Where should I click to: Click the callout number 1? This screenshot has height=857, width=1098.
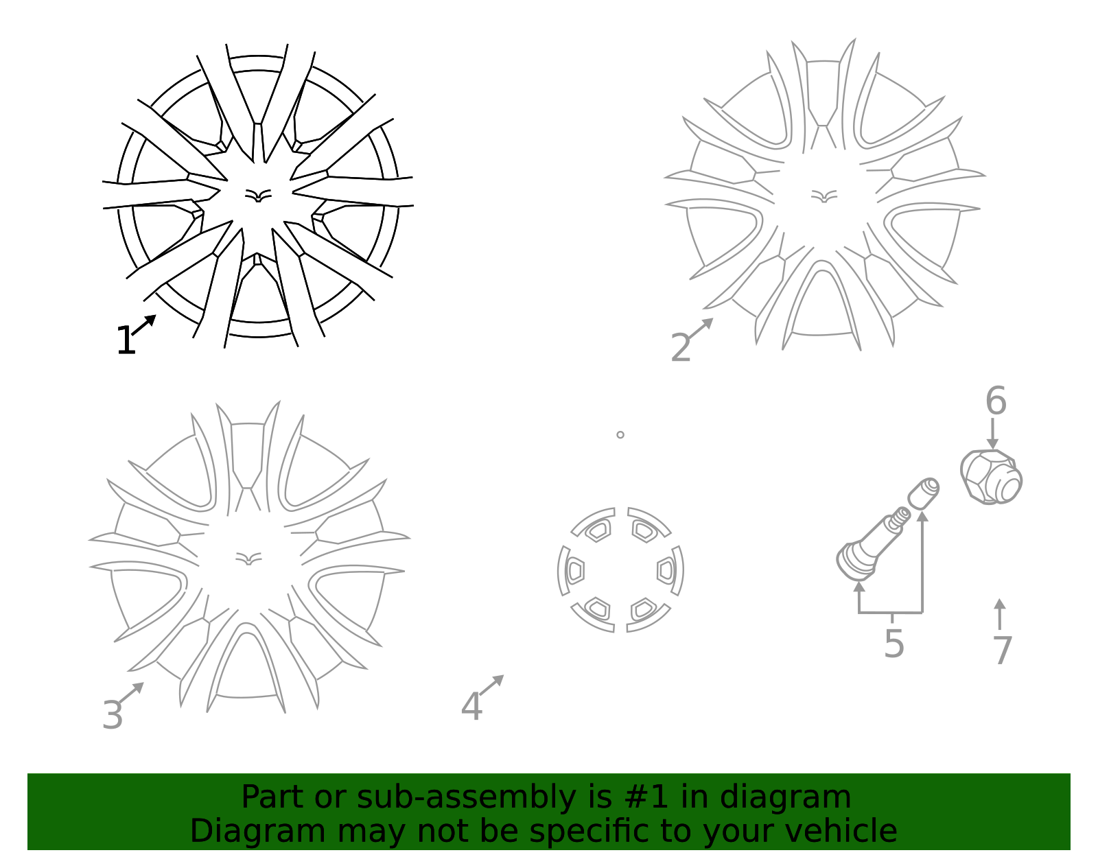click(126, 340)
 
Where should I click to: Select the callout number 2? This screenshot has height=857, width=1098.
click(681, 347)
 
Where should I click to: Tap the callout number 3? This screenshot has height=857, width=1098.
click(112, 715)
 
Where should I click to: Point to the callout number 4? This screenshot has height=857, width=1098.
click(471, 707)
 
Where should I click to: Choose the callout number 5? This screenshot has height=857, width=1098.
click(894, 644)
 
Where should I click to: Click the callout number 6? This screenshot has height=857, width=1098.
click(996, 401)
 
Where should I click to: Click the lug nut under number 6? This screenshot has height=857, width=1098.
click(991, 477)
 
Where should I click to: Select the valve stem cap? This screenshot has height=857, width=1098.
click(924, 493)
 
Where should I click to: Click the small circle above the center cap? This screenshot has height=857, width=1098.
click(620, 435)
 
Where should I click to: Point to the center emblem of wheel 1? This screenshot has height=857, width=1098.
click(258, 196)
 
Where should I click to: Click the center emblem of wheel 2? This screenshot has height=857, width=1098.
click(824, 196)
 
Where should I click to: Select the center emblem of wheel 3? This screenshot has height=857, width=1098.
click(248, 559)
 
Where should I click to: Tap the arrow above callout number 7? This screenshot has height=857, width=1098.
click(999, 613)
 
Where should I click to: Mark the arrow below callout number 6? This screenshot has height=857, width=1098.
click(992, 433)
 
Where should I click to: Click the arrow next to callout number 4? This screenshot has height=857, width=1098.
click(491, 685)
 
